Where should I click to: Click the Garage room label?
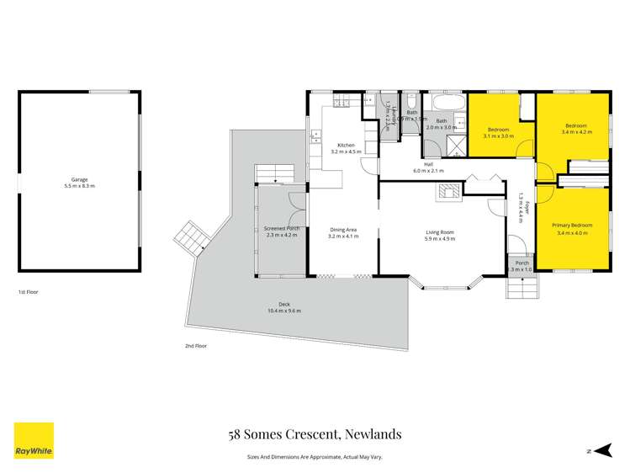(82, 180)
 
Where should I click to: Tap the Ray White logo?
(34, 440)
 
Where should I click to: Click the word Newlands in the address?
(370, 434)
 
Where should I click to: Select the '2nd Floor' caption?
(195, 345)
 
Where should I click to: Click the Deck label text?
(283, 305)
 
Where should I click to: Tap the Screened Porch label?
(282, 229)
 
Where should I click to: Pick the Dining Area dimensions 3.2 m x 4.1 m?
(343, 236)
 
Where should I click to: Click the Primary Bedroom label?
(572, 226)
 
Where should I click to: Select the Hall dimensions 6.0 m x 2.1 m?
(428, 171)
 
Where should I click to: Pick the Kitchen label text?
(347, 146)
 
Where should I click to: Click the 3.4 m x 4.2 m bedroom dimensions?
(578, 132)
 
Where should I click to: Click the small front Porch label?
(522, 263)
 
